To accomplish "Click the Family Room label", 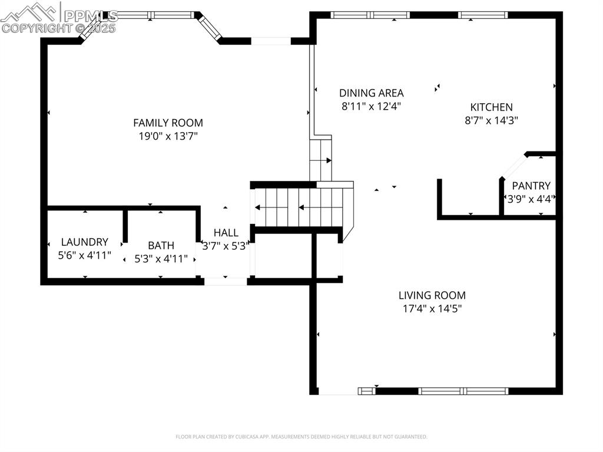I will (x=168, y=123).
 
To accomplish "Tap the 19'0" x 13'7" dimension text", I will (x=168, y=136).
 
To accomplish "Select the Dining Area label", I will (x=371, y=93).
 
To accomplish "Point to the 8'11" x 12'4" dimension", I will (x=371, y=106).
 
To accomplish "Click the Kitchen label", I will (x=491, y=107).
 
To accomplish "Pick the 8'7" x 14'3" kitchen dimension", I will (x=491, y=120).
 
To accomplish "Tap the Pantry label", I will (x=531, y=186).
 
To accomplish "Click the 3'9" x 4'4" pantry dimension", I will (x=530, y=199).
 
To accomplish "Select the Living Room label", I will (x=432, y=295).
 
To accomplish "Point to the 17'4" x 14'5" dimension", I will (x=432, y=308).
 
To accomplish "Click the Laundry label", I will (x=85, y=242).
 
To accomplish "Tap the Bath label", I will (x=161, y=246).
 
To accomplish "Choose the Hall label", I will (x=226, y=233).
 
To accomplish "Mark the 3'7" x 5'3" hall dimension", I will (x=226, y=246).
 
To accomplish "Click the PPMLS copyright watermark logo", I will (x=59, y=18).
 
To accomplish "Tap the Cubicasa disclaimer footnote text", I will (x=301, y=437).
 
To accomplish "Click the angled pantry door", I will (x=512, y=166).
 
